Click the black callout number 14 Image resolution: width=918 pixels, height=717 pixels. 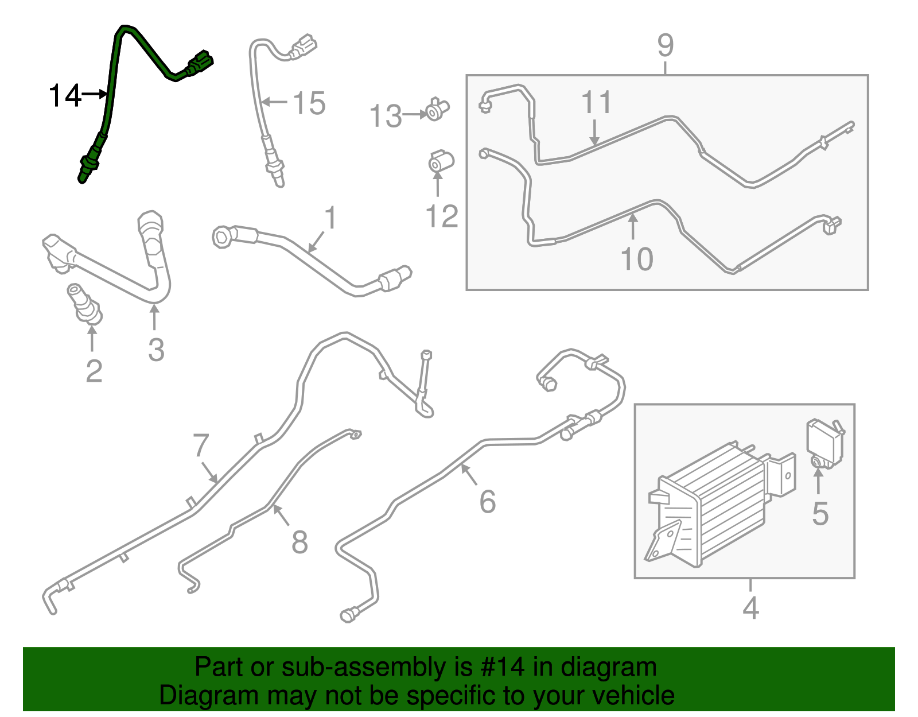pyautogui.click(x=65, y=95)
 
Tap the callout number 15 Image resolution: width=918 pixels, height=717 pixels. pyautogui.click(x=309, y=104)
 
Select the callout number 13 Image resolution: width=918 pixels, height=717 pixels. pyautogui.click(x=386, y=117)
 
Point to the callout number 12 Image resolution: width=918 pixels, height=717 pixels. pyautogui.click(x=442, y=216)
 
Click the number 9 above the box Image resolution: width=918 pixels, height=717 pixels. pyautogui.click(x=665, y=45)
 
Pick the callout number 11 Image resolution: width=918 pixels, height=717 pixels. pyautogui.click(x=597, y=103)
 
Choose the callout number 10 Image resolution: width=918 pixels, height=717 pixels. pyautogui.click(x=637, y=259)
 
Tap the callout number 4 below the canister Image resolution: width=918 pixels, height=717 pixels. pyautogui.click(x=750, y=608)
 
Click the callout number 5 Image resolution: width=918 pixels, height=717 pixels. pyautogui.click(x=820, y=514)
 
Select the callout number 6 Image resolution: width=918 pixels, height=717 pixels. pyautogui.click(x=487, y=502)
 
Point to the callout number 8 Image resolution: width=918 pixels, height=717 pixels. pyautogui.click(x=299, y=542)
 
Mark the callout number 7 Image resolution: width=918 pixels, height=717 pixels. pyautogui.click(x=201, y=445)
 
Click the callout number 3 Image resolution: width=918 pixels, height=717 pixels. pyautogui.click(x=156, y=350)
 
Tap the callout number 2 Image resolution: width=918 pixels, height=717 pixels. pyautogui.click(x=94, y=371)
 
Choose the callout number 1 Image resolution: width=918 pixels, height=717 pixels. pyautogui.click(x=330, y=218)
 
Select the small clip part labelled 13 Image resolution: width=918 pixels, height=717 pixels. pyautogui.click(x=438, y=109)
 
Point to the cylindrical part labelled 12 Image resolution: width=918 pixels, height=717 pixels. pyautogui.click(x=441, y=161)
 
